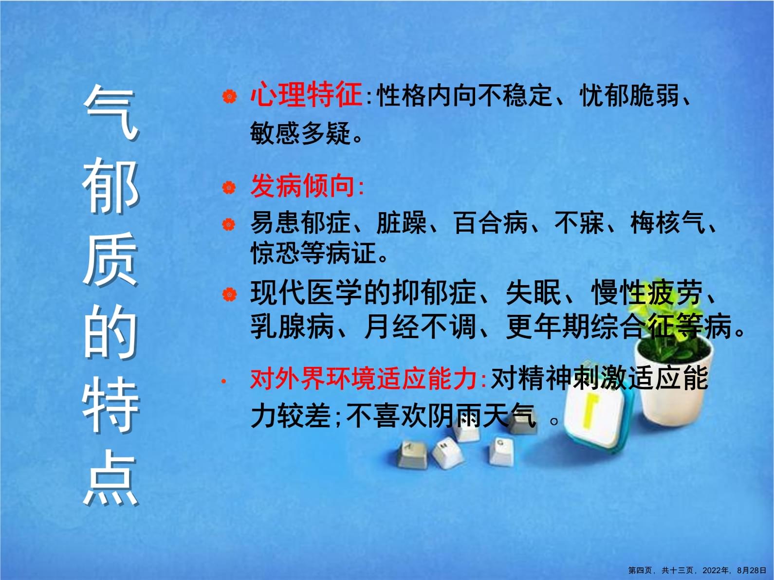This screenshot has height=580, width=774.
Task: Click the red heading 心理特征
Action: tap(306, 95)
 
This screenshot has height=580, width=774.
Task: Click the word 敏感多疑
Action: tap(300, 132)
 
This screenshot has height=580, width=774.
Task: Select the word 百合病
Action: tap(491, 223)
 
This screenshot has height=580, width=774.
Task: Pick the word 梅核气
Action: tap(667, 223)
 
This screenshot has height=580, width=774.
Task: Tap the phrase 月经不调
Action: tap(420, 326)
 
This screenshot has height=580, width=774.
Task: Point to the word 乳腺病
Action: tap(292, 326)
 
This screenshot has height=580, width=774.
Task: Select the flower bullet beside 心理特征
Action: tap(229, 97)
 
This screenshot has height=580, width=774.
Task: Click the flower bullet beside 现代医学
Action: tap(229, 294)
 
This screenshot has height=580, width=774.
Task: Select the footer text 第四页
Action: tap(641, 571)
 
